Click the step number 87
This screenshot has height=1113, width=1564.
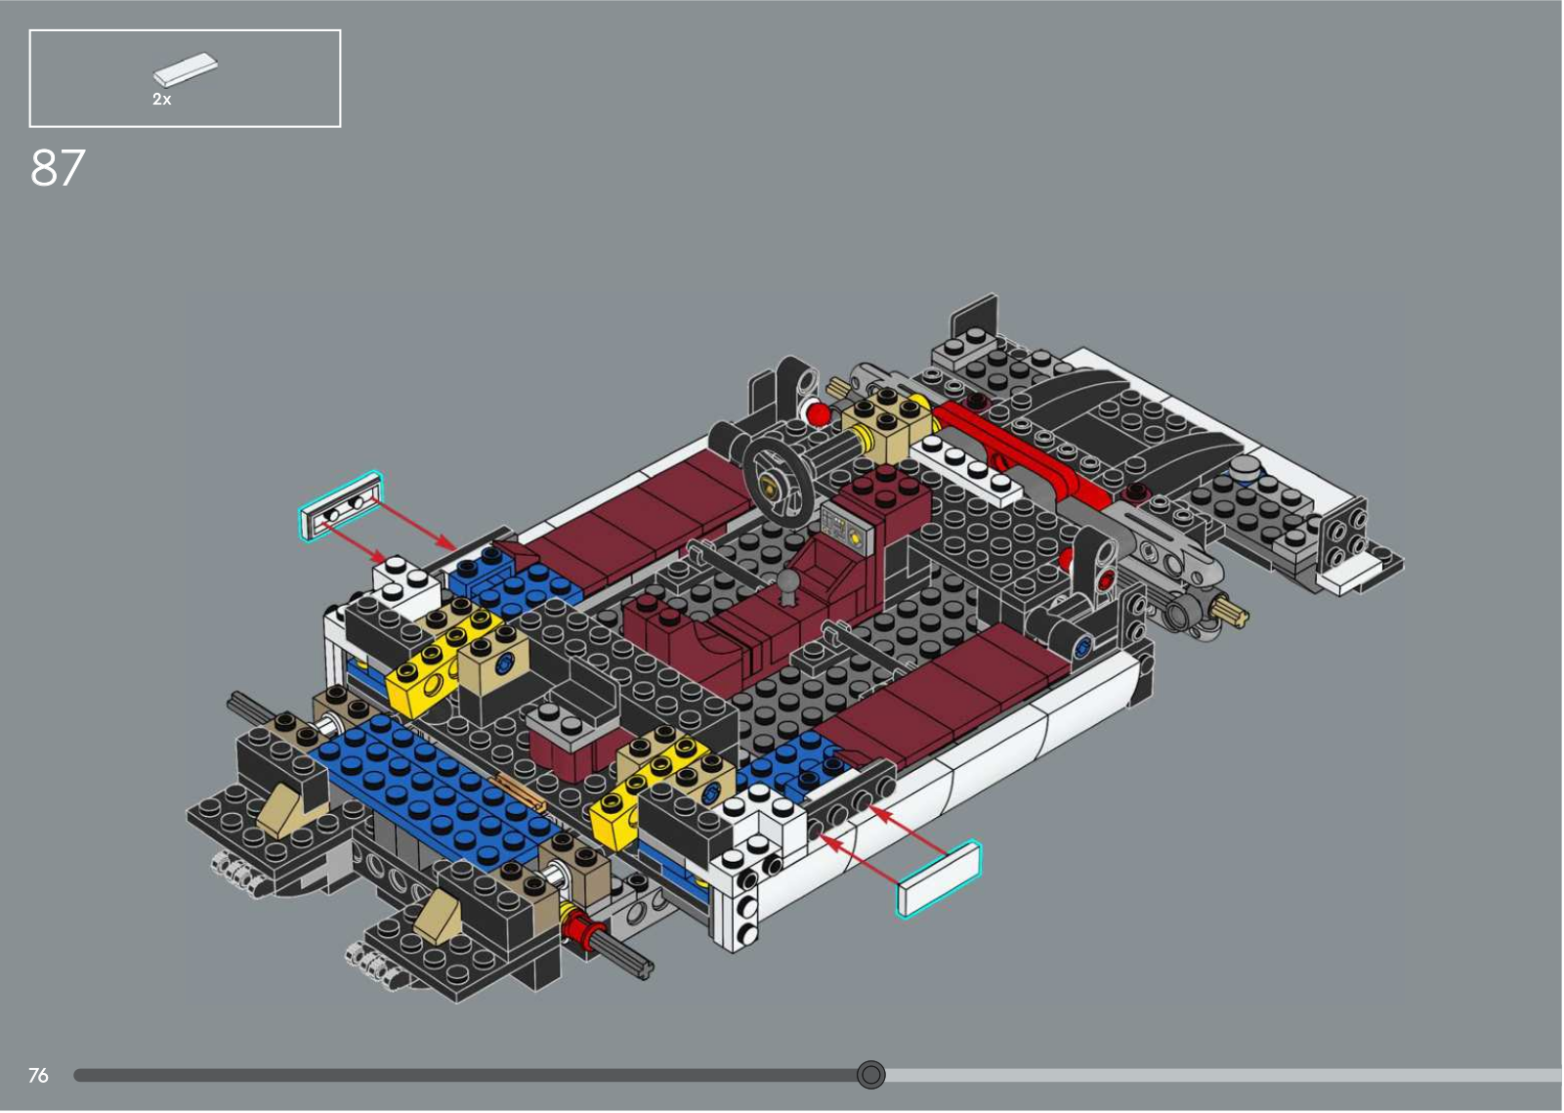pyautogui.click(x=58, y=168)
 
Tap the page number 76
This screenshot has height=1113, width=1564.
pyautogui.click(x=38, y=1075)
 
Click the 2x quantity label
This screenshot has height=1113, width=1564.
pyautogui.click(x=162, y=99)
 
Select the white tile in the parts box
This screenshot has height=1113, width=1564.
pyautogui.click(x=185, y=67)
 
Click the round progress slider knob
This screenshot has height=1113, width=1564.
pyautogui.click(x=870, y=1075)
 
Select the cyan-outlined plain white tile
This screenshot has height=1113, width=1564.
pyautogui.click(x=939, y=879)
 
